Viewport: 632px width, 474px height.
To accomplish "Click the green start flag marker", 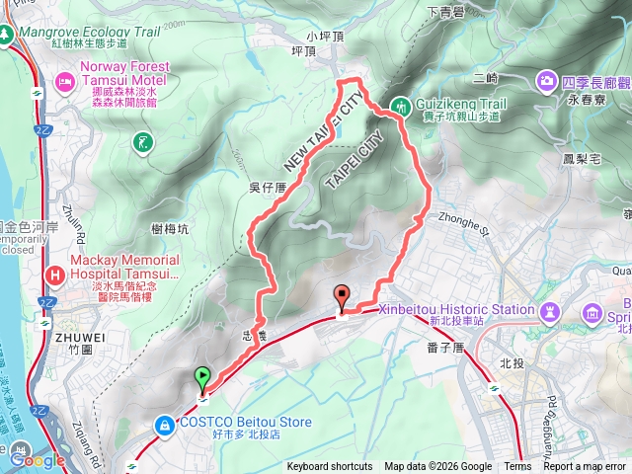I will tap(202, 376).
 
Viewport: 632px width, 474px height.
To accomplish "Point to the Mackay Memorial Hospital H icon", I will tap(55, 272).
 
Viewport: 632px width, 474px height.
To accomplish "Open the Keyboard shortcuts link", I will tap(330, 467).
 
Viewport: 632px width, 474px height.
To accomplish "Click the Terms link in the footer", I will tap(517, 467).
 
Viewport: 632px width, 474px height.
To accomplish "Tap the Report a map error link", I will tap(586, 467).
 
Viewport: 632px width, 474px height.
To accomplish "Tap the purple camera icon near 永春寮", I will tap(547, 79).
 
